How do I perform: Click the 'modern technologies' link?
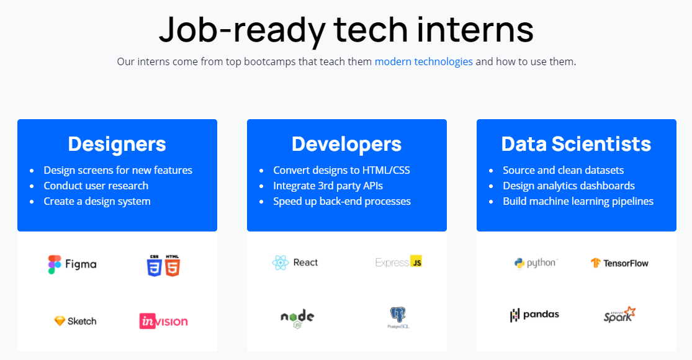point(424,61)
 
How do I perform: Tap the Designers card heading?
point(117,144)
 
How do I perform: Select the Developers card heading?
point(346,144)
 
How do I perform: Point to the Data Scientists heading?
point(576,144)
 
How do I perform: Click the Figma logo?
point(73,264)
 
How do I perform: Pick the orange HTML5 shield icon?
point(173,266)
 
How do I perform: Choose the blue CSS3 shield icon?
point(154,266)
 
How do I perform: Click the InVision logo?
point(164,321)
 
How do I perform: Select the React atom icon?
point(281,263)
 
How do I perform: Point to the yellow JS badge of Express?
point(416,261)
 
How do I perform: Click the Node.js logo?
point(297,318)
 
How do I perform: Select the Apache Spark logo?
point(619,315)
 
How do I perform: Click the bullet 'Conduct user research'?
point(96,186)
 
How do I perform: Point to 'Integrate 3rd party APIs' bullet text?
point(328,186)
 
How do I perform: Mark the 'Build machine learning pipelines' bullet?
point(578,201)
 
